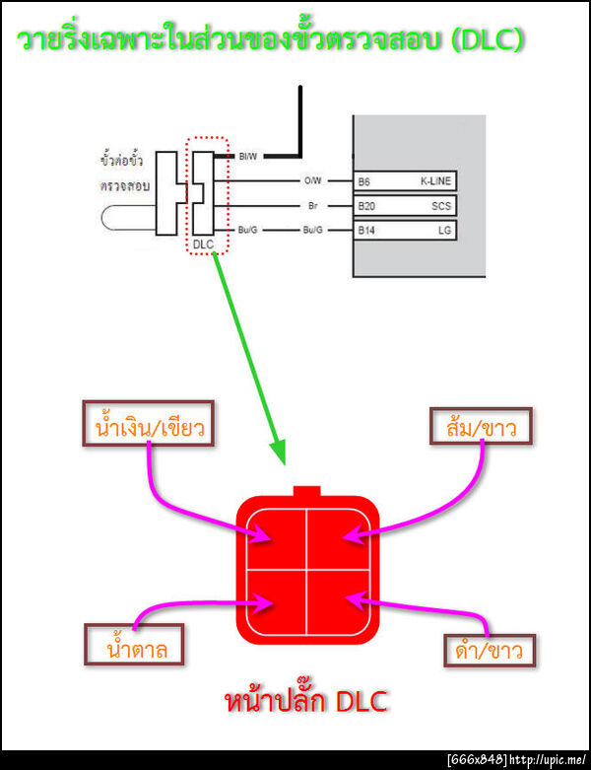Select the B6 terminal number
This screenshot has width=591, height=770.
364,182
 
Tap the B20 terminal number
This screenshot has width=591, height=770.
366,207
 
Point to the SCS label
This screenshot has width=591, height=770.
441,207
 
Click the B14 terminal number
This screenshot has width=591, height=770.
366,231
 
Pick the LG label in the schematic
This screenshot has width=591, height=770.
443,231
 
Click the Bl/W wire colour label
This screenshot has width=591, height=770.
247,156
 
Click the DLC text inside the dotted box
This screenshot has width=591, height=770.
203,244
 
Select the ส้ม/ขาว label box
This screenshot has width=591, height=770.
482,426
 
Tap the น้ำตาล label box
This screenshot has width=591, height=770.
136,649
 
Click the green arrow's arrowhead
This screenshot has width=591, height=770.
283,453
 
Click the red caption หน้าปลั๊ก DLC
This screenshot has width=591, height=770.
306,702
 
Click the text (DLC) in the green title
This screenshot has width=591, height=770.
480,38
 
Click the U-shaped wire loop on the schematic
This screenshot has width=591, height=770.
123,219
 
